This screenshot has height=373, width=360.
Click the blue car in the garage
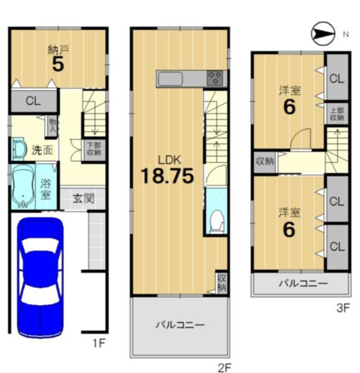pyautogui.click(x=40, y=277)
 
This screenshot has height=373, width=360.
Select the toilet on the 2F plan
pyautogui.click(x=217, y=221)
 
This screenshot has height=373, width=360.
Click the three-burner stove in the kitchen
pyautogui.click(x=215, y=78)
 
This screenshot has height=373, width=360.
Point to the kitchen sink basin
pyautogui.click(x=170, y=79)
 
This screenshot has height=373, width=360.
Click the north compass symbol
pyautogui.click(x=323, y=34)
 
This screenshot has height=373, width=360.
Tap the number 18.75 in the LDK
pyautogui.click(x=167, y=176)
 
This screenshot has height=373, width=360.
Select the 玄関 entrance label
pyautogui.click(x=83, y=198)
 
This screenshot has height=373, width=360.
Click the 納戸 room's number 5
pyautogui.click(x=58, y=64)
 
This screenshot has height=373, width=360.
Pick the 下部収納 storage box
pyautogui.click(x=94, y=149)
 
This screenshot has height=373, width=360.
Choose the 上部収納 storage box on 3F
pyautogui.click(x=337, y=114)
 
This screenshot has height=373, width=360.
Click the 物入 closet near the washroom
pyautogui.click(x=52, y=126)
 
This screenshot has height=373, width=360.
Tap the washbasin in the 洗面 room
pyautogui.click(x=18, y=149)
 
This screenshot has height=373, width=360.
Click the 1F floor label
pyautogui.click(x=99, y=343)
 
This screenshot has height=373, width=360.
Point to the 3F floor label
pyautogui.click(x=343, y=308)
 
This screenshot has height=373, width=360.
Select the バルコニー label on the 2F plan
pyautogui.click(x=180, y=325)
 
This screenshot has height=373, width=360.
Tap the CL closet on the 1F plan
pyautogui.click(x=34, y=101)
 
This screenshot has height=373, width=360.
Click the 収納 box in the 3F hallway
pyautogui.click(x=265, y=162)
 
